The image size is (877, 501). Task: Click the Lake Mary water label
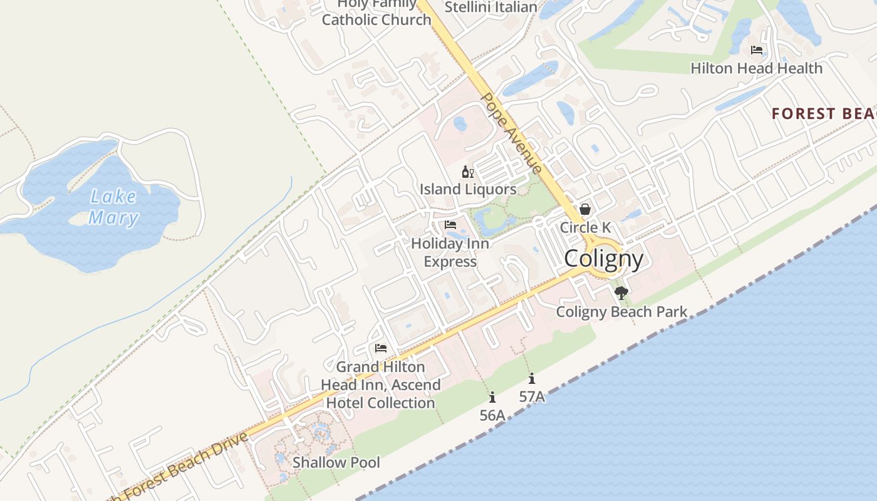coord(113,207)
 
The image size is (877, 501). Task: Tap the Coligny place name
coord(603,259)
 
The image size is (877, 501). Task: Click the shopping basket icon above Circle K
coord(584,209)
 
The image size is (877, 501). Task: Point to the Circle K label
coord(585,227)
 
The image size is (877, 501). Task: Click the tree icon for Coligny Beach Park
coord(621,293)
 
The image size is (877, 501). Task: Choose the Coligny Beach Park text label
coord(621,312)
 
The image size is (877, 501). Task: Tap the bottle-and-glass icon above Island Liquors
coord(468,172)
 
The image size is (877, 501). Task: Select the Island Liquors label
coord(468,189)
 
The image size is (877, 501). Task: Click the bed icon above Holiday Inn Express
coord(450,225)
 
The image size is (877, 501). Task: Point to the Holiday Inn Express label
coord(450,252)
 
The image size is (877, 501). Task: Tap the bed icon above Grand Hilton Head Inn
coord(380,348)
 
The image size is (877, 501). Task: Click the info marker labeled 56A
coord(492,397)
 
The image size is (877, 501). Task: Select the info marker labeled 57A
coord(531,378)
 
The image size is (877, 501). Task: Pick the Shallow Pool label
coord(336,463)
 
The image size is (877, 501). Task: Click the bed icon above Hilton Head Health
coord(757,50)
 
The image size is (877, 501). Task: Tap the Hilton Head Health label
coord(756,68)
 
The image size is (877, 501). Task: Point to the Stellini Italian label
coord(490,8)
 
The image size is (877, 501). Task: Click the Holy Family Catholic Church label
coord(376,13)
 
